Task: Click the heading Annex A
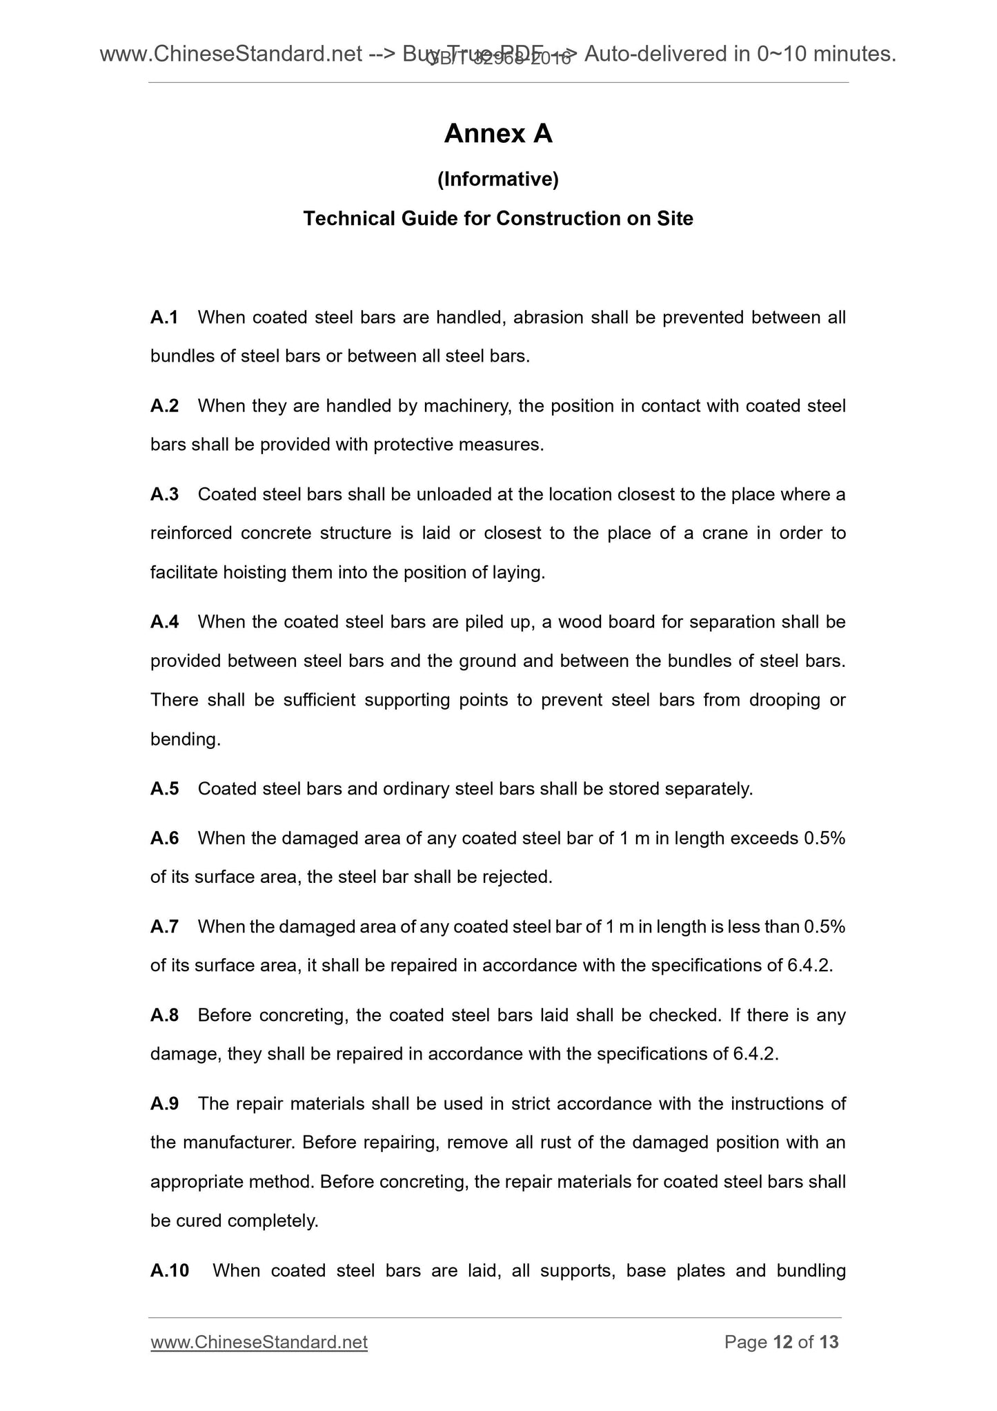[x=498, y=134]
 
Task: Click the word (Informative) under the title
[x=498, y=179]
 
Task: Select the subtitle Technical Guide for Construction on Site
[x=498, y=219]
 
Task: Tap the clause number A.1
[x=164, y=318]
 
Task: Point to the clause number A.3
[x=164, y=494]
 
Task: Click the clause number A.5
[x=164, y=789]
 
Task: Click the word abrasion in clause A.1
[x=545, y=318]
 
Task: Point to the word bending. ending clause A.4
[x=186, y=739]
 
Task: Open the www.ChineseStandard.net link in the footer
[x=259, y=1342]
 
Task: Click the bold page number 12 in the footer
[x=782, y=1342]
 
